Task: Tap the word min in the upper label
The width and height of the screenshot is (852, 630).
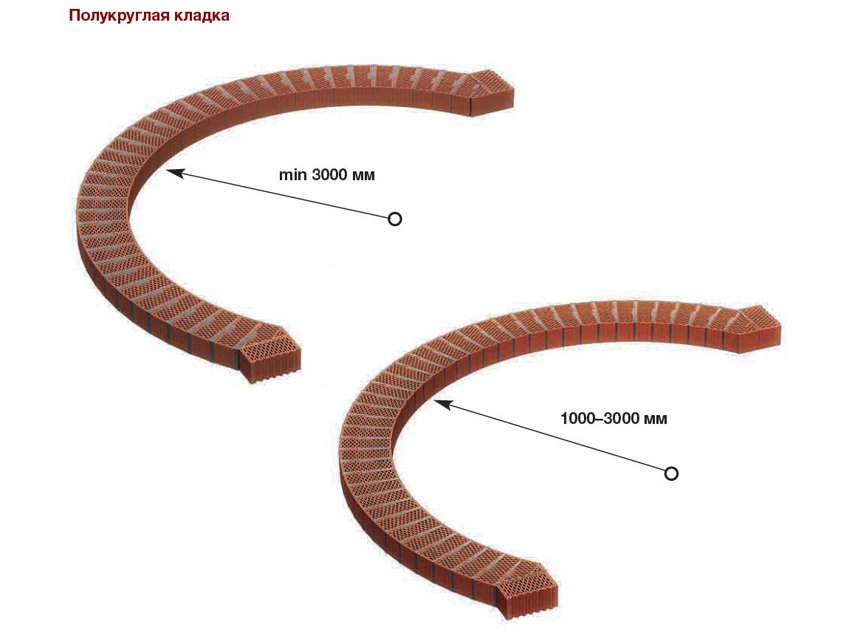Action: pos(292,175)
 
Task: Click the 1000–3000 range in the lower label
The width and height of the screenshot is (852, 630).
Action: pos(600,419)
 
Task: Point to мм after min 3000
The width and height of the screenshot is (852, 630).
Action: pos(364,175)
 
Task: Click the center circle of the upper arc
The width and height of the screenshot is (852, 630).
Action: pos(395,219)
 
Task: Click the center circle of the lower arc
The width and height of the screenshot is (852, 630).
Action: pos(671,473)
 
